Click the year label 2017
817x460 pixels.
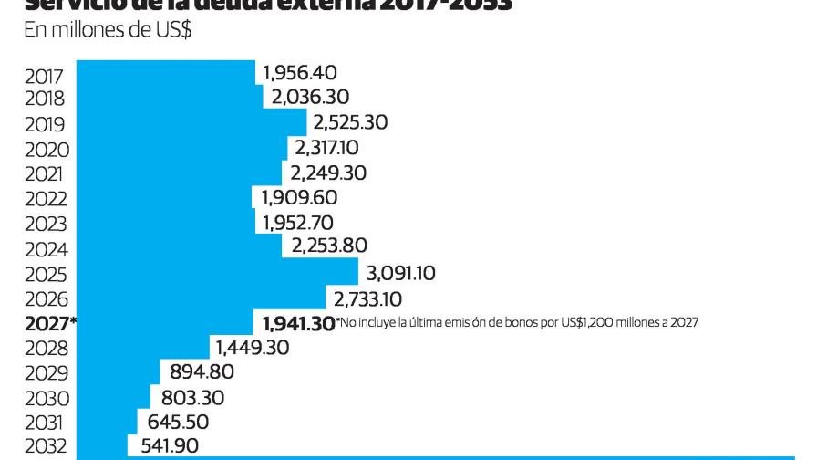(45, 76)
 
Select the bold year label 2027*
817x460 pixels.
(49, 323)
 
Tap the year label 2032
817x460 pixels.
(47, 447)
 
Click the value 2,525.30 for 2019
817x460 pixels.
(350, 121)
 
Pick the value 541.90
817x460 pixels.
(169, 446)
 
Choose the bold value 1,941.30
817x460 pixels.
(298, 323)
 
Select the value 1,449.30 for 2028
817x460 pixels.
(252, 348)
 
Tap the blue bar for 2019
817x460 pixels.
(191, 121)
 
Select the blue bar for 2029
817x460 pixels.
(119, 372)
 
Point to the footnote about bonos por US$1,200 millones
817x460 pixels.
(517, 322)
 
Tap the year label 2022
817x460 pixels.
(46, 199)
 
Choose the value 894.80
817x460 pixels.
(202, 372)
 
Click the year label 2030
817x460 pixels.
(47, 398)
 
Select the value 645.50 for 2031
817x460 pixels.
(178, 422)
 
